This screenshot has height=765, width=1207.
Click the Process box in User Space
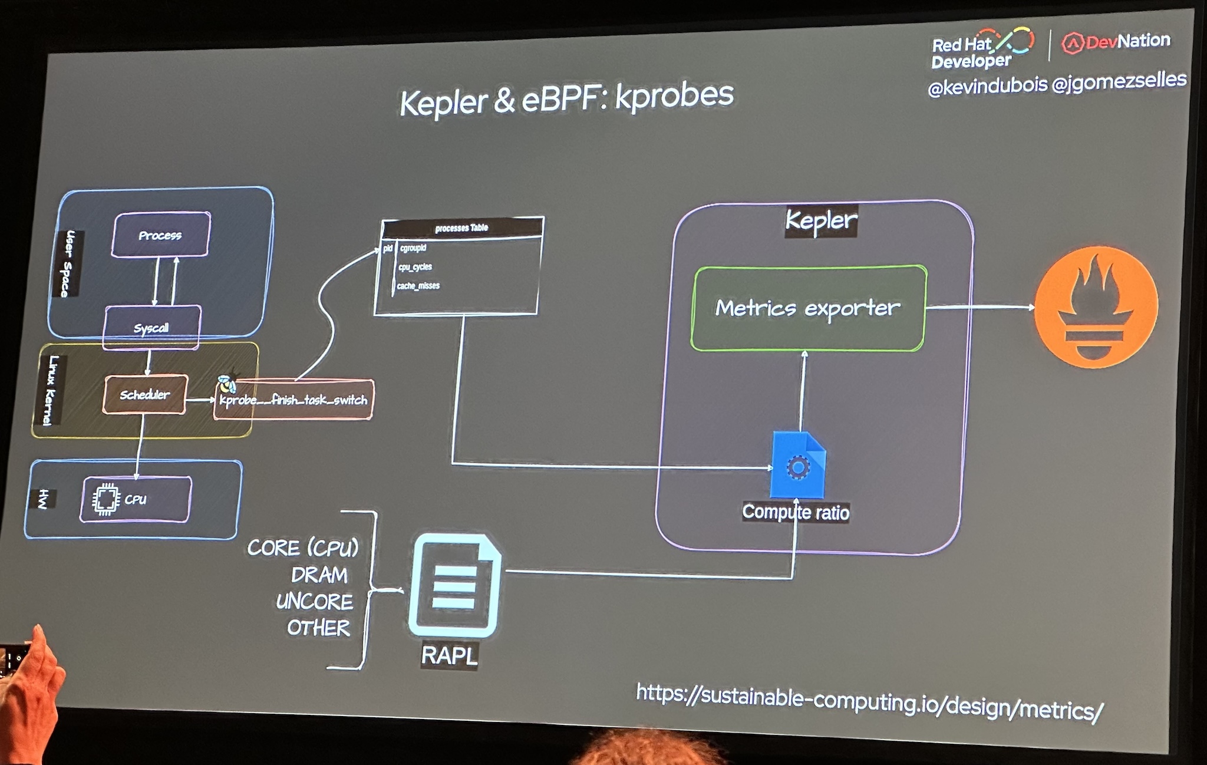click(160, 235)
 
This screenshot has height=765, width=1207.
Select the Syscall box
click(151, 328)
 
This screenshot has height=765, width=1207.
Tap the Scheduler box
click(145, 394)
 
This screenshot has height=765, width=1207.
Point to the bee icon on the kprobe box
click(227, 382)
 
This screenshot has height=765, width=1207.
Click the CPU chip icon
click(105, 499)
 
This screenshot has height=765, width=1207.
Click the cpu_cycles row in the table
click(415, 267)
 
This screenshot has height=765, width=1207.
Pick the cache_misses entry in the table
click(418, 286)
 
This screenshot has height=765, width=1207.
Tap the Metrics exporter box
click(807, 308)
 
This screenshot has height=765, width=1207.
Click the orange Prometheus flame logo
click(1096, 306)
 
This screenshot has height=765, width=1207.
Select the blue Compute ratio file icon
click(798, 466)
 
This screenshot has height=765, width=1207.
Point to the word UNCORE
click(315, 602)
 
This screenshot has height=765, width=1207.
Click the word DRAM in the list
click(319, 575)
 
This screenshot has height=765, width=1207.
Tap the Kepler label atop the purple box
click(821, 220)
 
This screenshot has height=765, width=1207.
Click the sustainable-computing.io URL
click(869, 701)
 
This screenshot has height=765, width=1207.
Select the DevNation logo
click(1116, 42)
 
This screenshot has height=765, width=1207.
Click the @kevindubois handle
click(987, 87)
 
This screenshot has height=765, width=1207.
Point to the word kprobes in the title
click(674, 96)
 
